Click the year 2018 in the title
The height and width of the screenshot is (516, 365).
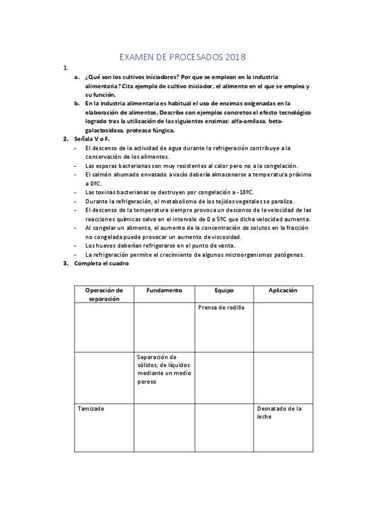[234, 58]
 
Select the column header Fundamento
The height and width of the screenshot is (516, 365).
[164, 290]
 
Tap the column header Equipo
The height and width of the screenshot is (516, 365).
[224, 290]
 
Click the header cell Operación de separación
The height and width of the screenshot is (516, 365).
[104, 295]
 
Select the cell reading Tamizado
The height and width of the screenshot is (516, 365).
[91, 408]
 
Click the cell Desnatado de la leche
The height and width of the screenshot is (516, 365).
[278, 413]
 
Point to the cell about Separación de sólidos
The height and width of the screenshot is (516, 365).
[157, 369]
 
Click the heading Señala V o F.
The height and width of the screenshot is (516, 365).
[91, 139]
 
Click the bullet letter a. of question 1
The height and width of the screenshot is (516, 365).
[77, 77]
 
